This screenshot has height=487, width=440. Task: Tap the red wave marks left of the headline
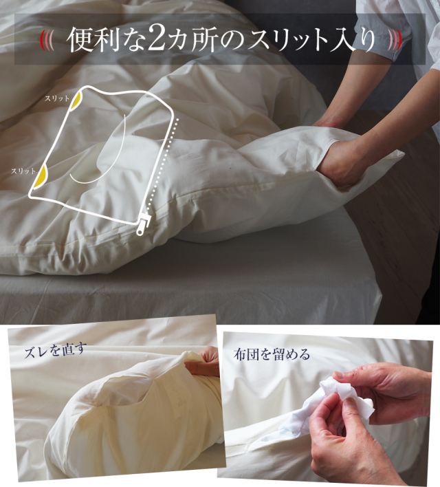pos(47,39)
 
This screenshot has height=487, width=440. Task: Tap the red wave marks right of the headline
pos(393,39)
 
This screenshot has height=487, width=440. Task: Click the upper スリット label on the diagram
pos(57,98)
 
